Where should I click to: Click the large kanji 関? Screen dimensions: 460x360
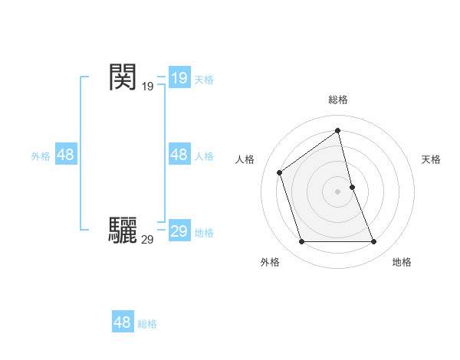(x=123, y=77)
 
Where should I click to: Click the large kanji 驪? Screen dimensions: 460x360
(x=123, y=230)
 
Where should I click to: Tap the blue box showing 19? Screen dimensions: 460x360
(x=179, y=78)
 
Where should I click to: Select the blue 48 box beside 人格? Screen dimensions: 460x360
(x=179, y=155)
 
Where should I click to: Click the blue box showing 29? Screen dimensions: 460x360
(x=179, y=231)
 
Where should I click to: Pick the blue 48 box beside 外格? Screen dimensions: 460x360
(x=65, y=155)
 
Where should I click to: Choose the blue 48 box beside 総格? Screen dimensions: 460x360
(x=122, y=322)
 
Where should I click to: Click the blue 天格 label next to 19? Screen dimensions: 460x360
(x=203, y=79)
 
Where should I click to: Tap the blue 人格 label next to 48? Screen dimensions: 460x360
(x=203, y=155)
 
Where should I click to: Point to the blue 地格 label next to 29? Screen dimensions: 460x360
(x=203, y=232)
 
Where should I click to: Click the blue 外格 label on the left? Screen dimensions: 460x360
(x=41, y=155)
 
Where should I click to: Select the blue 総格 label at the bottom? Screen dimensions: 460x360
(x=147, y=324)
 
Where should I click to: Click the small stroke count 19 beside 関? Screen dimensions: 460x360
(x=147, y=87)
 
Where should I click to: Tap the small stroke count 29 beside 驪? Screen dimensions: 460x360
(x=147, y=240)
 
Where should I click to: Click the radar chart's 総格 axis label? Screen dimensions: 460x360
(x=338, y=100)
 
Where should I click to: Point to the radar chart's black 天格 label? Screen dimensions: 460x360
(x=432, y=159)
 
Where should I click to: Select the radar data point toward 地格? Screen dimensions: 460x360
(x=374, y=242)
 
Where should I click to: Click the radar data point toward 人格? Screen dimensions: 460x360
(x=280, y=172)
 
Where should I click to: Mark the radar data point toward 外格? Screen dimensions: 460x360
(x=301, y=242)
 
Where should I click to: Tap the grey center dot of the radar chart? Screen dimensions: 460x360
(x=338, y=191)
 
